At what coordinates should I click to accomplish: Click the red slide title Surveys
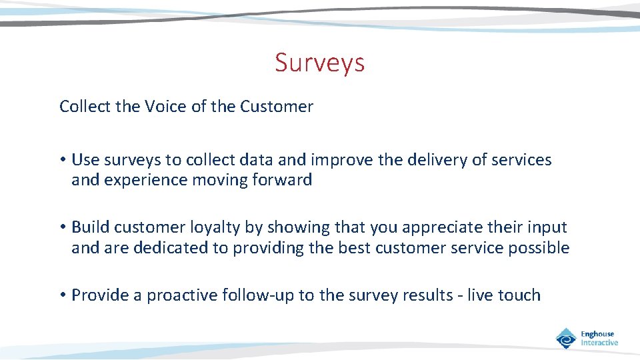[x=319, y=63]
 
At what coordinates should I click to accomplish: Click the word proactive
[x=182, y=295]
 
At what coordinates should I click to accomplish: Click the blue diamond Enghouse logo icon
[x=566, y=338]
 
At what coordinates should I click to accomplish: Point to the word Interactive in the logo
[x=599, y=343]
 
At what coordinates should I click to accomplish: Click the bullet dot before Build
[x=63, y=228]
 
